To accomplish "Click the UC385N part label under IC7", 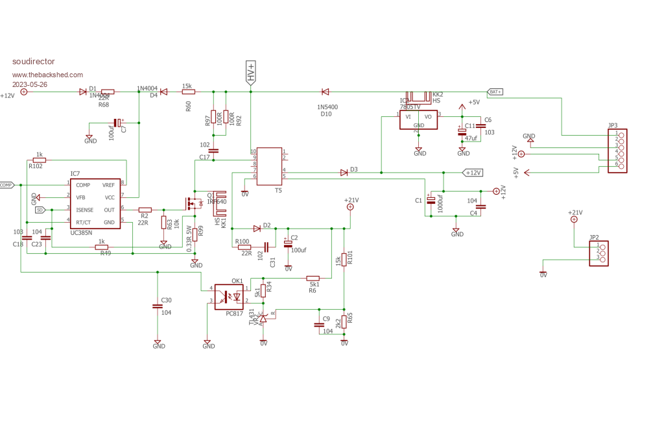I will tap(81, 232).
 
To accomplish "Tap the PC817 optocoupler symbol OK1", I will tap(229, 297).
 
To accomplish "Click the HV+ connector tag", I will tap(251, 71).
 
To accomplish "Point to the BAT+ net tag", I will tap(495, 92).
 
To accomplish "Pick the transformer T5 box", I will tap(269, 166).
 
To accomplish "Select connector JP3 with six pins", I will tap(618, 150).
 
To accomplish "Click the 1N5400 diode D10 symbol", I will tap(325, 92).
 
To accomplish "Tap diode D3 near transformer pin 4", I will tap(344, 173).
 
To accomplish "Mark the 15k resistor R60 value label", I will tap(187, 86).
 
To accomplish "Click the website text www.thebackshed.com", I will tap(47, 75).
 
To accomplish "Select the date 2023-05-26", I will tap(30, 85).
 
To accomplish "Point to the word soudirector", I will tap(33, 62).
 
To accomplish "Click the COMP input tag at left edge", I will tap(7, 185).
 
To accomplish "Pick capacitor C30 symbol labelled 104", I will tap(157, 306).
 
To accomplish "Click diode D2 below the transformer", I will tap(257, 228).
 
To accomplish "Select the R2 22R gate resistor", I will tap(145, 209).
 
